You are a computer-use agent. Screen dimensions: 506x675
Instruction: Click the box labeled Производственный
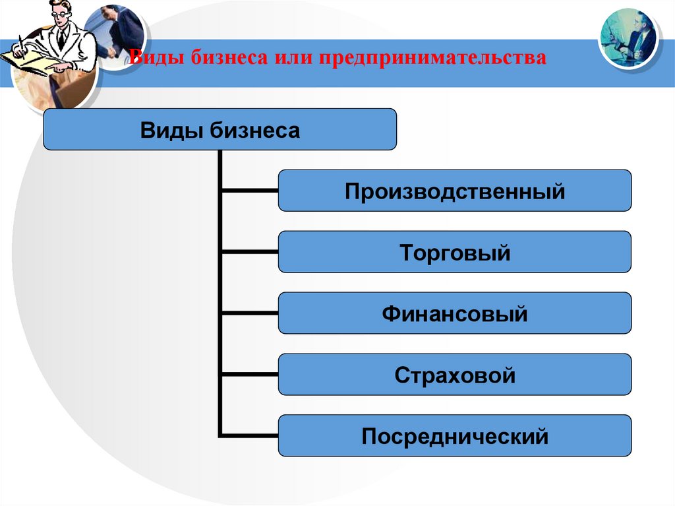455,191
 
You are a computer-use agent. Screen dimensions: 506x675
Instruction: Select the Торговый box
455,252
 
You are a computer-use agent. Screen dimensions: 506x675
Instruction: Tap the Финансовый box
455,313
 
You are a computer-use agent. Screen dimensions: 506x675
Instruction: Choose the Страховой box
455,375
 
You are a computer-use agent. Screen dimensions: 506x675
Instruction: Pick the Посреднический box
455,435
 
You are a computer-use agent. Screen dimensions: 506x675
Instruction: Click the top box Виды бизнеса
220,129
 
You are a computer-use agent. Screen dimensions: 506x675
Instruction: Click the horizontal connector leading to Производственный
249,191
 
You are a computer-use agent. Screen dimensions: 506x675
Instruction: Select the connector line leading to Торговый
249,252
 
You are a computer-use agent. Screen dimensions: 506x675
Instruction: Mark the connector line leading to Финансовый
249,313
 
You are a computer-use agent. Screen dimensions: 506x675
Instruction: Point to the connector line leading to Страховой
249,375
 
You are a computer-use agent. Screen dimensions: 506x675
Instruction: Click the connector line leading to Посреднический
249,435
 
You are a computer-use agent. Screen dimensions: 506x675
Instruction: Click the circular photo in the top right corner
628,38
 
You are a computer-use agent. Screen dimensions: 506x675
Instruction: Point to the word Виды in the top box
172,129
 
